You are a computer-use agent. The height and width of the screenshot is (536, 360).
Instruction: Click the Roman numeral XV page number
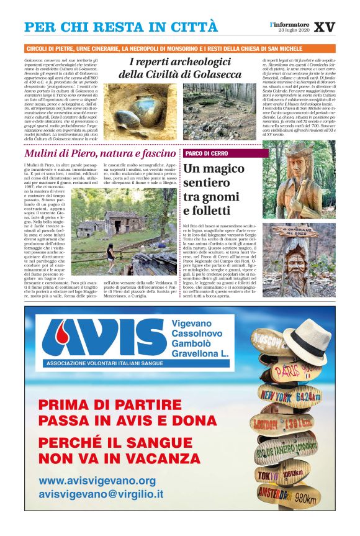325,27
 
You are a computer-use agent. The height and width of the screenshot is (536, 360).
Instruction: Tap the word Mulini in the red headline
41,153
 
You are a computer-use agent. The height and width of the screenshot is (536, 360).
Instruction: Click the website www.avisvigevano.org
97,481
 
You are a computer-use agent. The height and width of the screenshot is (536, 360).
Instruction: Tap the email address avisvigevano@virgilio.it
101,495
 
